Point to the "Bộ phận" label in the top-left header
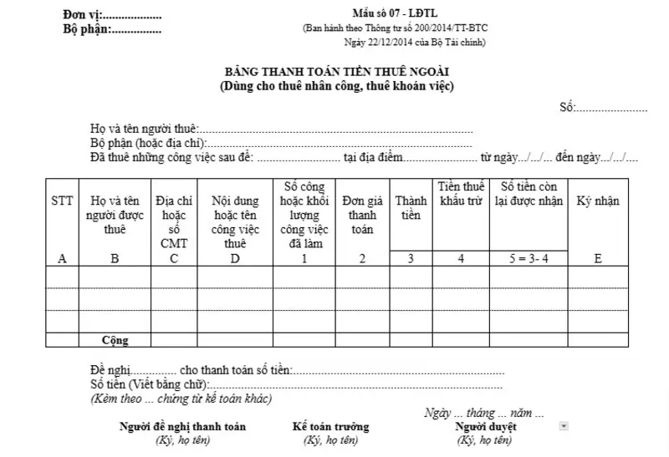click(x=85, y=30)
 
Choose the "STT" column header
click(x=61, y=201)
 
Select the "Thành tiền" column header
click(x=411, y=209)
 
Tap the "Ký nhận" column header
click(x=597, y=201)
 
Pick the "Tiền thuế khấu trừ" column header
click(x=461, y=194)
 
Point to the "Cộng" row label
click(x=115, y=340)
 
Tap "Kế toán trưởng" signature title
click(x=330, y=427)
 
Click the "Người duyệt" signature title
click(x=485, y=427)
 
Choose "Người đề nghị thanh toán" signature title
click(x=182, y=427)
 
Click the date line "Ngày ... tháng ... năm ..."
click(x=484, y=414)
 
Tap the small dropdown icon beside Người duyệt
click(x=564, y=426)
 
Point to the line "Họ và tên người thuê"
click(x=144, y=129)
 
